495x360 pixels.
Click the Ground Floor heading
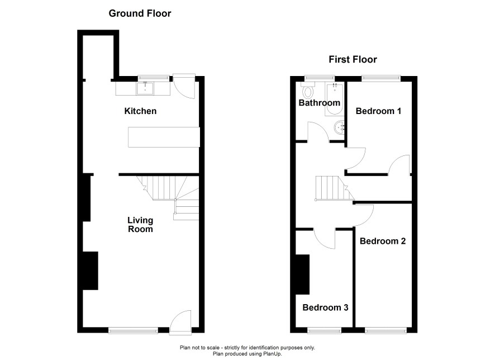pyautogui.click(x=140, y=13)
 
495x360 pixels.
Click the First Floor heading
pyautogui.click(x=353, y=59)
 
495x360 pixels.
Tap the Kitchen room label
pyautogui.click(x=140, y=111)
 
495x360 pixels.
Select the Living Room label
pyautogui.click(x=140, y=225)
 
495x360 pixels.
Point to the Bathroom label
pyautogui.click(x=319, y=103)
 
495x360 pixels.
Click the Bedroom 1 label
pyautogui.click(x=378, y=111)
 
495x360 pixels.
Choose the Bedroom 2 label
pyautogui.click(x=383, y=241)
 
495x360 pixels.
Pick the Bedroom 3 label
pyautogui.click(x=325, y=307)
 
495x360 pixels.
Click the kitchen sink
pyautogui.click(x=145, y=88)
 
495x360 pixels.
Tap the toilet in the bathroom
pyautogui.click(x=308, y=91)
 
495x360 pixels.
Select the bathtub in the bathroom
pyautogui.click(x=334, y=99)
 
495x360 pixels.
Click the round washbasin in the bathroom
pyautogui.click(x=339, y=128)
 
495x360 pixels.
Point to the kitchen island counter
pyautogui.click(x=164, y=137)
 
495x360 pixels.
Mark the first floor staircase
pyautogui.click(x=335, y=188)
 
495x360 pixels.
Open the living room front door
pyautogui.click(x=180, y=321)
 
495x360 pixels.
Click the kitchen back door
pyautogui.click(x=184, y=87)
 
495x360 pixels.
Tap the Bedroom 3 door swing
pyautogui.click(x=325, y=239)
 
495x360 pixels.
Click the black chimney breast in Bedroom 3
pyautogui.click(x=302, y=274)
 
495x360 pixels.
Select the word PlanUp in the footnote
pyautogui.click(x=273, y=354)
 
